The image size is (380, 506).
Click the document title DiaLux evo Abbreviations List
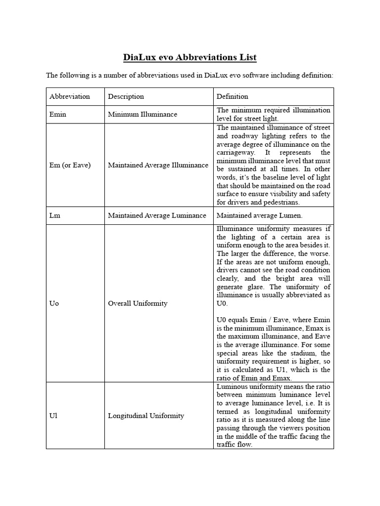pyautogui.click(x=190, y=57)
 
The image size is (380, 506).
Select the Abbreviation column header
pyautogui.click(x=70, y=96)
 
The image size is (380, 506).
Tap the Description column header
pyautogui.click(x=126, y=96)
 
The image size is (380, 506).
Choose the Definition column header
pyautogui.click(x=233, y=96)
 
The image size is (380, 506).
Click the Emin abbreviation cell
pyautogui.click(x=57, y=114)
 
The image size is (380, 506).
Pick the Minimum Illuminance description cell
pyautogui.click(x=142, y=114)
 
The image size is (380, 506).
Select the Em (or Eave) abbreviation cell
pyautogui.click(x=70, y=165)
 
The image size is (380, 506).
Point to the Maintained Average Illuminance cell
pyautogui.click(x=158, y=165)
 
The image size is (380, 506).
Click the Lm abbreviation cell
pyautogui.click(x=55, y=215)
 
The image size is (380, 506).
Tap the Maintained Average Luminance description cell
pyautogui.click(x=157, y=215)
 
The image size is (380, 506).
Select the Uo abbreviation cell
pyautogui.click(x=54, y=303)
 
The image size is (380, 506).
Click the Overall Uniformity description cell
pyautogui.click(x=138, y=303)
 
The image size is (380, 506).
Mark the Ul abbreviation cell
pyautogui.click(x=53, y=416)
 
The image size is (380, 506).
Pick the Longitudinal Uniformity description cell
pyautogui.click(x=146, y=416)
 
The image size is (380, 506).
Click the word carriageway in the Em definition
pyautogui.click(x=236, y=153)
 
